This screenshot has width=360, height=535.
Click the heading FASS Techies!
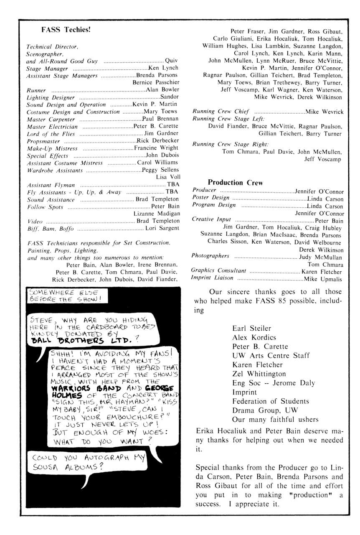point(66,30)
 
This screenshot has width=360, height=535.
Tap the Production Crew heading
point(235,182)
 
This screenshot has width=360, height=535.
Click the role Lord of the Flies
point(51,134)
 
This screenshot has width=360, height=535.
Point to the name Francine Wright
point(156,148)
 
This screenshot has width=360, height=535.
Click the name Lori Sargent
point(162,228)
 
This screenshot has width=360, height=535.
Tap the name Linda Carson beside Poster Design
point(325,199)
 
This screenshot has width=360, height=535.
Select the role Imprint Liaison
point(212,278)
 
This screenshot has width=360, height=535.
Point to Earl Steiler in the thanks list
point(251,329)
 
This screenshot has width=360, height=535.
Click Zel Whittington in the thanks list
point(259,374)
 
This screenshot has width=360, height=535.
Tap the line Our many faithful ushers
point(275,420)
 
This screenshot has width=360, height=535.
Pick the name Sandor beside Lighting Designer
point(170,97)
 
